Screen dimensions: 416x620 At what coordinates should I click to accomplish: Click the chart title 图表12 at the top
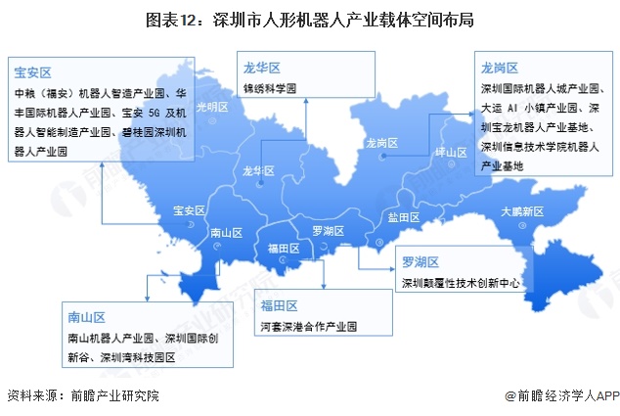[309, 20]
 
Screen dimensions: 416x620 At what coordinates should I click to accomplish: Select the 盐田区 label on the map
[403, 216]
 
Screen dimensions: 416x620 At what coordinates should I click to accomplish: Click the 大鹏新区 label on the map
[521, 211]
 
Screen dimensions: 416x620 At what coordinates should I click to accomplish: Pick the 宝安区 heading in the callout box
[32, 72]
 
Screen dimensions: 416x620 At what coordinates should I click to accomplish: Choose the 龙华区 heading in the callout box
[262, 67]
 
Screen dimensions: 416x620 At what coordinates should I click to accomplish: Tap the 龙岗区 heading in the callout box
[499, 67]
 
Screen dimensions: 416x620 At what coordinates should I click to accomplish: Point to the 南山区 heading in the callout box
[86, 317]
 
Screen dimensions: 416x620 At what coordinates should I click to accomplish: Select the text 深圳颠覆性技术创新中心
[459, 283]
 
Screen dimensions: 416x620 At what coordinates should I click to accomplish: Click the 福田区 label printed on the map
[283, 250]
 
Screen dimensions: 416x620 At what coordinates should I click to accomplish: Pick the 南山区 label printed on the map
[226, 234]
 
